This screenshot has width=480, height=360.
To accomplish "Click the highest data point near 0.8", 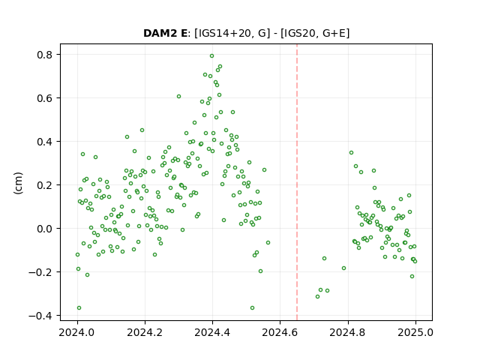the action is [211, 56].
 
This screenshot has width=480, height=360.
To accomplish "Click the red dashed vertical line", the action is [297, 182].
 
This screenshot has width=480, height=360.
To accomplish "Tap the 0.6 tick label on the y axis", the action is [44, 98].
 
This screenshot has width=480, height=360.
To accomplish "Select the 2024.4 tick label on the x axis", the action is [212, 332].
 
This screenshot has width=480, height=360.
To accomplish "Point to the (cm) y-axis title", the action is [18, 183].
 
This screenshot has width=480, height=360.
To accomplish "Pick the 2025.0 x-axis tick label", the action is [415, 332].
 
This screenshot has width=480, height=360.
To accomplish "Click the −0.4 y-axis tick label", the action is [40, 316].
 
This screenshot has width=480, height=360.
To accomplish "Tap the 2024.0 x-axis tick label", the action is [77, 332].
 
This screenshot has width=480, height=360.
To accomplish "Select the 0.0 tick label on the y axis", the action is [44, 229].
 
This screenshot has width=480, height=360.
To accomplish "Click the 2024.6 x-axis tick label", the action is [280, 332].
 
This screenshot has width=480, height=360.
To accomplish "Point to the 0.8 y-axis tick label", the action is [44, 55].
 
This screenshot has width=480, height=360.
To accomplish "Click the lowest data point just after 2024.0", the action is [79, 308].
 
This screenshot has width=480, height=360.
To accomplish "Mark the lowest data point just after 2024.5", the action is [252, 308].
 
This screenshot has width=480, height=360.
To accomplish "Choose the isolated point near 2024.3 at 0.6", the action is [178, 97].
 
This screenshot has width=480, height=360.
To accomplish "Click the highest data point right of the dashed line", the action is [352, 153].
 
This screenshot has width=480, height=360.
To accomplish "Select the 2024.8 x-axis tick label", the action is [347, 332].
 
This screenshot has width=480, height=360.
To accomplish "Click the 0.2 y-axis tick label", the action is [44, 185].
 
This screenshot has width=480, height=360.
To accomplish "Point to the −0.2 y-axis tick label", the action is [40, 272].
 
